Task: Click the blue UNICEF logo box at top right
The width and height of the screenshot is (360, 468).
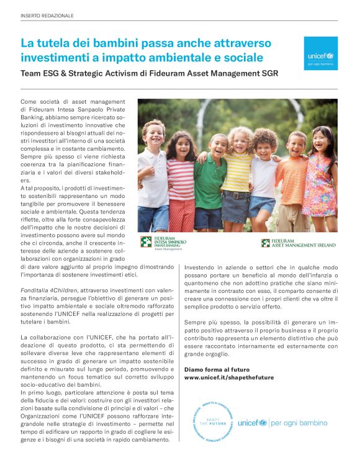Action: coord(322,52)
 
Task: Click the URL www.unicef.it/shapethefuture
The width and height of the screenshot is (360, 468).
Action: coord(228,377)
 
